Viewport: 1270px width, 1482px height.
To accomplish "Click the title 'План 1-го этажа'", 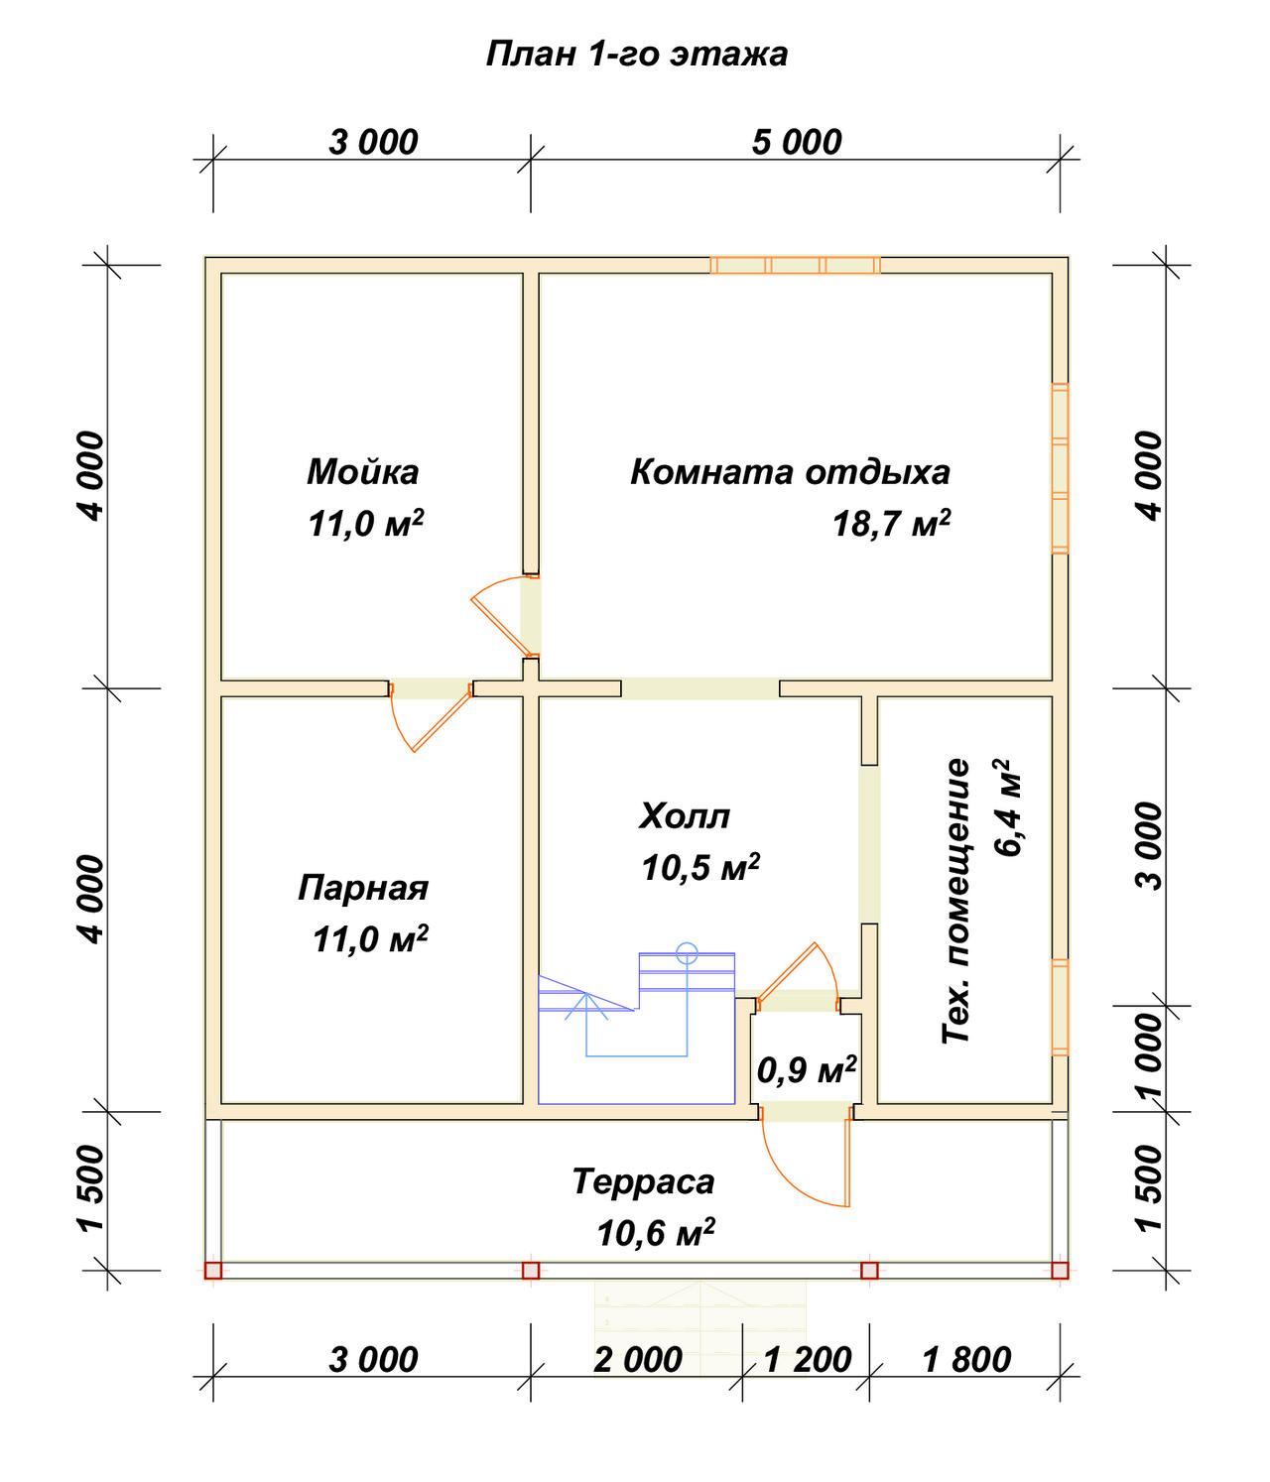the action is (637, 55).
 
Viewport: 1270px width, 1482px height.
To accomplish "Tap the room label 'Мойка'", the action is (363, 472).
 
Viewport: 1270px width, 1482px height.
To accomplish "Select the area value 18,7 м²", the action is (891, 524).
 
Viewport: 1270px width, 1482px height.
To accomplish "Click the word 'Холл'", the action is (685, 816).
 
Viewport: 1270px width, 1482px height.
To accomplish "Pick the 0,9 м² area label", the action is (807, 1069).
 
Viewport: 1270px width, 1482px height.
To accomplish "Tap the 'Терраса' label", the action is (643, 1181).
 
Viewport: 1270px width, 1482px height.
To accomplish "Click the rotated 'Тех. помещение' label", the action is (955, 902).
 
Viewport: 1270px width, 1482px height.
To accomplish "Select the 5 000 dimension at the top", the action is (797, 143).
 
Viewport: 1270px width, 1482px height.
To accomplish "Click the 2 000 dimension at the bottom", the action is (638, 1360).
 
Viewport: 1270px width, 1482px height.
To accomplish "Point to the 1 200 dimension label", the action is (807, 1360).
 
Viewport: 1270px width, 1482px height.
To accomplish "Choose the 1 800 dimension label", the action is (966, 1360).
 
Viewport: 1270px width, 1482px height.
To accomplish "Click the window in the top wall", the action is (796, 265).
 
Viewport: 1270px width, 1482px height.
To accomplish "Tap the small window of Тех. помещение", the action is (1060, 1008).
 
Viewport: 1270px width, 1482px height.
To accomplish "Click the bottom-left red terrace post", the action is (213, 1271).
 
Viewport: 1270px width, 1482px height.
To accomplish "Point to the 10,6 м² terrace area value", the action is (656, 1233).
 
